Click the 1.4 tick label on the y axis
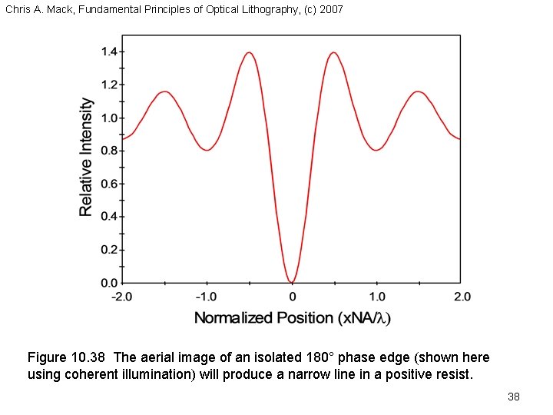(x=109, y=51)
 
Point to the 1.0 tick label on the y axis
(x=109, y=118)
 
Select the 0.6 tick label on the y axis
(x=109, y=184)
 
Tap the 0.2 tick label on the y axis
(x=109, y=250)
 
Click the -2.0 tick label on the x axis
(x=122, y=297)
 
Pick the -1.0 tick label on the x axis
(x=206, y=297)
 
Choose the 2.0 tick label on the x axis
(x=461, y=297)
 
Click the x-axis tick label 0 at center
(x=292, y=297)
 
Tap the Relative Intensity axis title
(x=87, y=156)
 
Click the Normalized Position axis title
(x=292, y=318)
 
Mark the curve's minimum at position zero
(x=292, y=281)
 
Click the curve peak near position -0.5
(x=249, y=53)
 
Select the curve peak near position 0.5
(x=334, y=53)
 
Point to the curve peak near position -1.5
(x=164, y=92)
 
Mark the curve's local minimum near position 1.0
(x=376, y=150)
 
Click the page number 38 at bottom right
(x=514, y=397)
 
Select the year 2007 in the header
(x=330, y=10)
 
